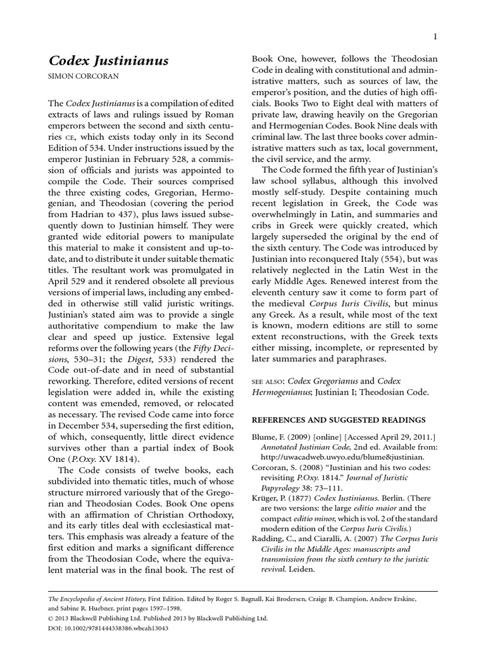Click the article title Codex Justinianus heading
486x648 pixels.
(109, 61)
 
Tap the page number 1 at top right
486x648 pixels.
(436, 37)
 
